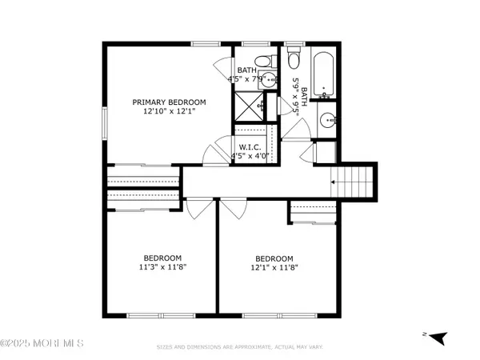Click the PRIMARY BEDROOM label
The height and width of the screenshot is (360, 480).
(x=169, y=102)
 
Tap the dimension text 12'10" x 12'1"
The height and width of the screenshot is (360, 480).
(x=169, y=112)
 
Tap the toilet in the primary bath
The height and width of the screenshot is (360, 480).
(x=262, y=62)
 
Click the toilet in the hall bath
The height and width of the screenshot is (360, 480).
(x=293, y=61)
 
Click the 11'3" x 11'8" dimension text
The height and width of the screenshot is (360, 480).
(x=163, y=269)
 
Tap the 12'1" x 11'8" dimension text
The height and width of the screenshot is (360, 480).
(x=274, y=269)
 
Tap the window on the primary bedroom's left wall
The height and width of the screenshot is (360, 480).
(x=105, y=125)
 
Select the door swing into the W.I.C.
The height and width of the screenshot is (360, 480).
(x=214, y=152)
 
